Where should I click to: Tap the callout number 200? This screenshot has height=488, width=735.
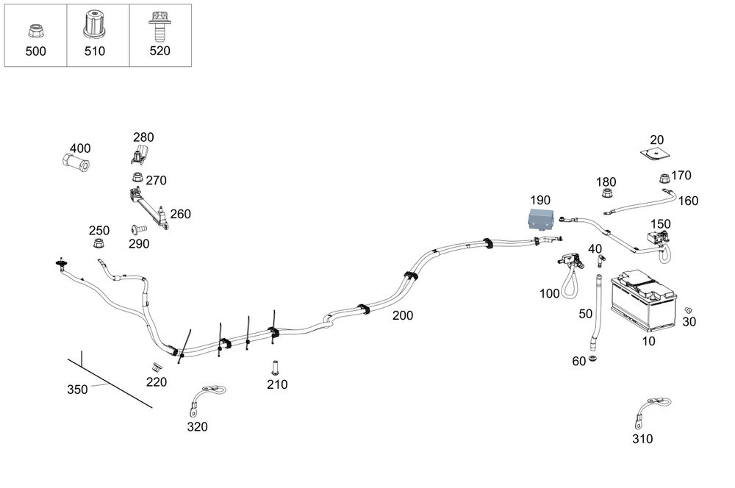point(402,316)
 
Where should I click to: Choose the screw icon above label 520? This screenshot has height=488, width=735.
point(157,25)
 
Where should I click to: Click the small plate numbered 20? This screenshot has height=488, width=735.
point(656,154)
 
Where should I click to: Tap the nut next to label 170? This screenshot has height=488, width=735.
point(662,178)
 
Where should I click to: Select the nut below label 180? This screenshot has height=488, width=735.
point(607,195)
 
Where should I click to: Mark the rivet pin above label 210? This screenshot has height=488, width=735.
point(275,365)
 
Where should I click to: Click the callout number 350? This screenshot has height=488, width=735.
point(78,390)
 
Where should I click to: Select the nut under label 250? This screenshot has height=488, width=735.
point(97,244)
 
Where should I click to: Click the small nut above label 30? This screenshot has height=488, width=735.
point(688,310)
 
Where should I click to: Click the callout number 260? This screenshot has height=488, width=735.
point(180,215)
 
